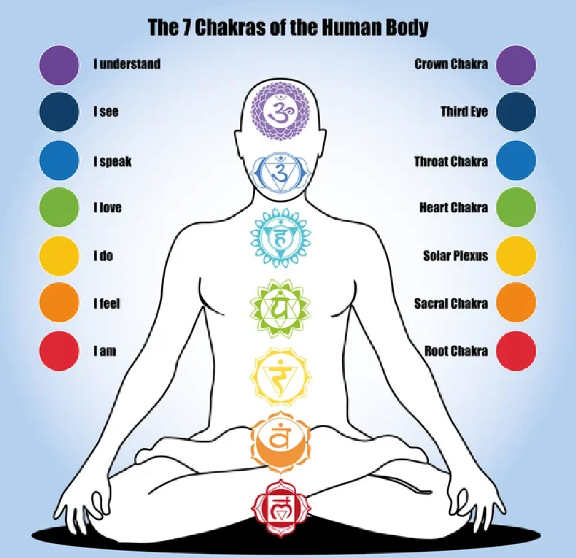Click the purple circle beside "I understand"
tap(58, 64)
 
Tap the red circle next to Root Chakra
tap(516, 351)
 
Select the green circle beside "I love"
tap(58, 208)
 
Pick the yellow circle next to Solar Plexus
tap(516, 256)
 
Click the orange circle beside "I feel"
tap(58, 303)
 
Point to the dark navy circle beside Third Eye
tap(516, 112)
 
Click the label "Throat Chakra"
tap(451, 161)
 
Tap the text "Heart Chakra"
tap(453, 208)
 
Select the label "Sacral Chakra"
tap(451, 303)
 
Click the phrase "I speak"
tap(112, 161)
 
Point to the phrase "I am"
tap(104, 351)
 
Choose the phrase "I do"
tap(103, 256)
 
